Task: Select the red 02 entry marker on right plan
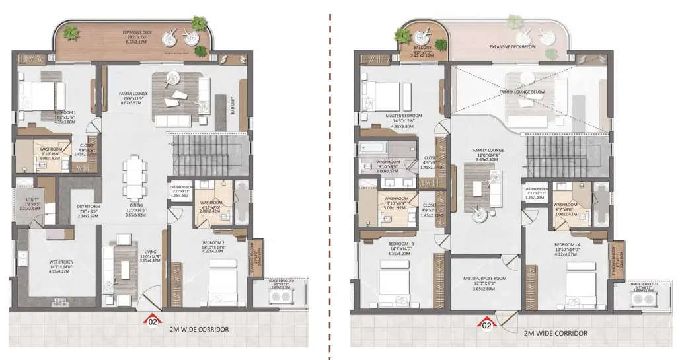[x=487, y=324]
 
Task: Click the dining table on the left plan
[x=134, y=176]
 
